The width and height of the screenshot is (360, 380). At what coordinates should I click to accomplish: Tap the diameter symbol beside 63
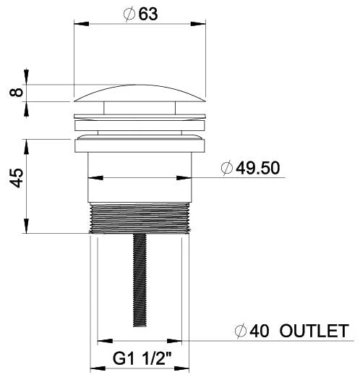pyautogui.click(x=129, y=14)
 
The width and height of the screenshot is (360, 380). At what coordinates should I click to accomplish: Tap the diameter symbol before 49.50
pyautogui.click(x=227, y=168)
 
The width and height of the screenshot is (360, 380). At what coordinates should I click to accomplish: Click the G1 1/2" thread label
pyautogui.click(x=140, y=357)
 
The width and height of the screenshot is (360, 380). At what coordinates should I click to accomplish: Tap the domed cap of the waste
pyautogui.click(x=140, y=96)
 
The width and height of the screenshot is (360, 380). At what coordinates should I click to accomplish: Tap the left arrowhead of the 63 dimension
pyautogui.click(x=80, y=25)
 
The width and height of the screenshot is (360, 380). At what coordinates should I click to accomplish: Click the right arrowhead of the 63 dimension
pyautogui.click(x=200, y=25)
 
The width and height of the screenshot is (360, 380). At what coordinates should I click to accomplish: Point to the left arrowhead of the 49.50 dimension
pyautogui.click(x=93, y=177)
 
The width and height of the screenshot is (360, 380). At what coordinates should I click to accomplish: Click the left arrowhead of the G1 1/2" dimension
pyautogui.click(x=95, y=368)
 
